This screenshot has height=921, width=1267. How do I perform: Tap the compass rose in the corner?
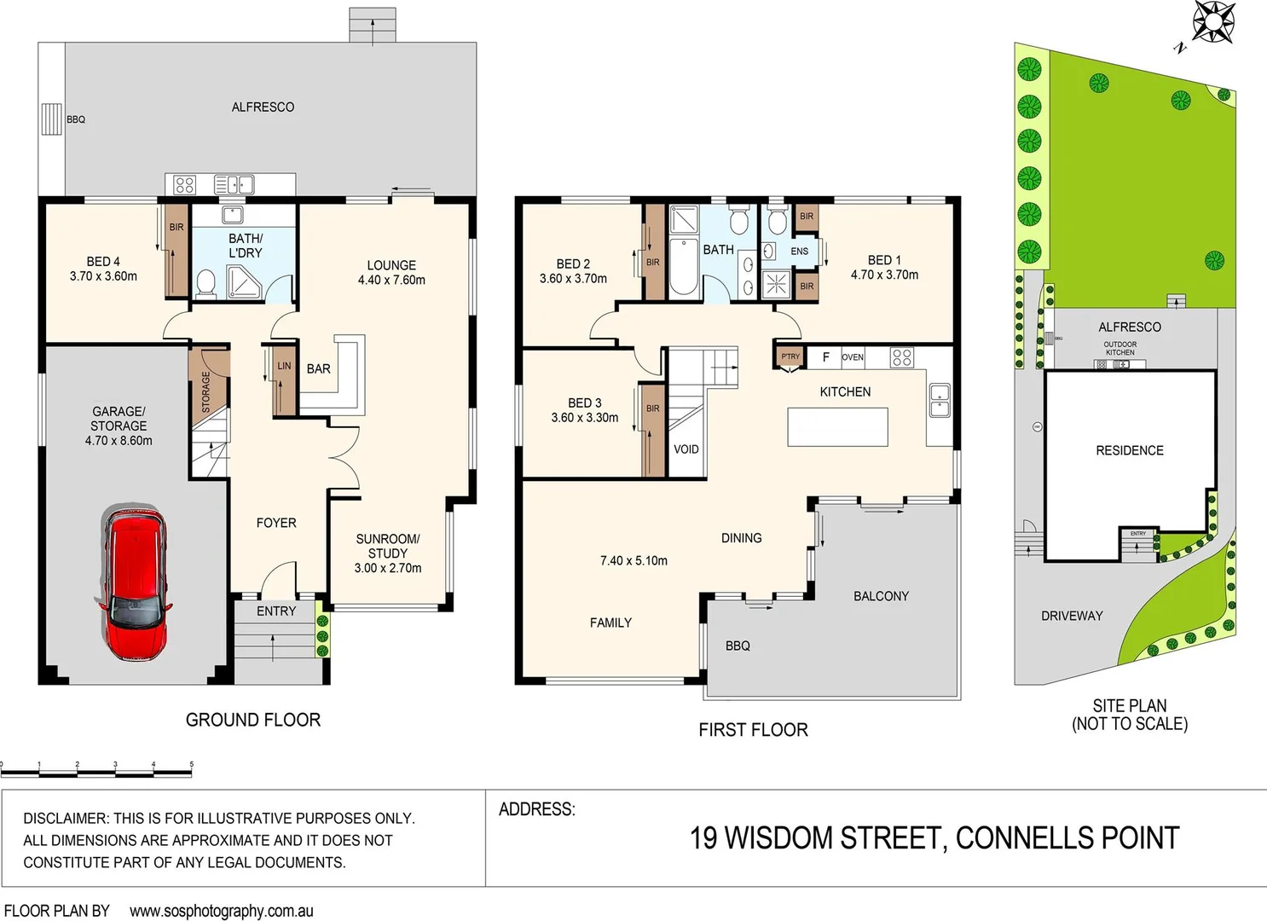(x=1212, y=21)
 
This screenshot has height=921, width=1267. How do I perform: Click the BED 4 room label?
(x=103, y=262)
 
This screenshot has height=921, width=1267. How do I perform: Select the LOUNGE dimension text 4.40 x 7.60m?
(x=391, y=280)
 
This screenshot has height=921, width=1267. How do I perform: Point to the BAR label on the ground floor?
(x=318, y=369)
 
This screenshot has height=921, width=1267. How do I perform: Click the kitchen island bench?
(x=837, y=426)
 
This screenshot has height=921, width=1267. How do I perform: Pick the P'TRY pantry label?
(x=790, y=356)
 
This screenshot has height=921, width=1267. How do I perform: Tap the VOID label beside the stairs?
(x=686, y=449)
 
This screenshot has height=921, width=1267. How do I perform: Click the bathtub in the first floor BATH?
(x=684, y=267)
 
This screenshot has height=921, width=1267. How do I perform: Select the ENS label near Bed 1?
(x=799, y=252)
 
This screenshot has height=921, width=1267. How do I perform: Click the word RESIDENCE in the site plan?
(x=1129, y=450)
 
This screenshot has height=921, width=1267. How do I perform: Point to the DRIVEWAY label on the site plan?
(x=1072, y=616)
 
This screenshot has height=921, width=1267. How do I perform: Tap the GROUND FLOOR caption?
(x=253, y=720)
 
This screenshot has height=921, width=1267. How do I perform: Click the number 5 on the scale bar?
(x=191, y=765)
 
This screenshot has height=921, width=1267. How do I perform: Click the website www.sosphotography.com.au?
(x=222, y=911)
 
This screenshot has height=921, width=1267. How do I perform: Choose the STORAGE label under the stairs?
(x=205, y=392)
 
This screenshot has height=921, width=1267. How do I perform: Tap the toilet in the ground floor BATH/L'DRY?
(x=205, y=282)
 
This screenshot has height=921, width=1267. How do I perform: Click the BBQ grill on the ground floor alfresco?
(x=52, y=119)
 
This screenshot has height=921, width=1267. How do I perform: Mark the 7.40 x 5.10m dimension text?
(x=633, y=560)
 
